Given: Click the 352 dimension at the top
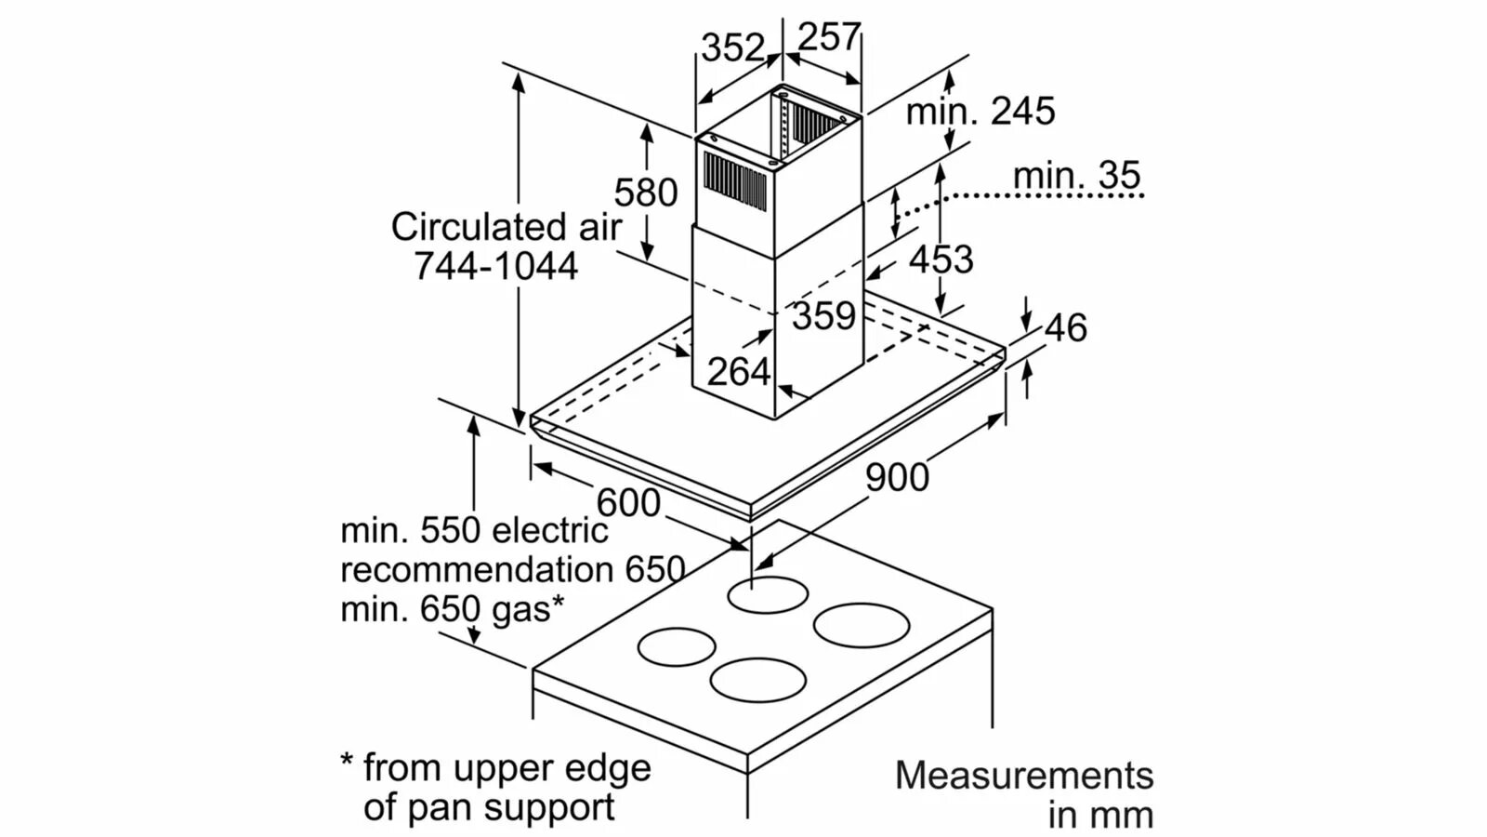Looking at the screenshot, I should (x=732, y=47).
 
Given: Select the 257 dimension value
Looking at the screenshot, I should (x=828, y=37).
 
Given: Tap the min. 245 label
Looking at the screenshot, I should (x=980, y=112).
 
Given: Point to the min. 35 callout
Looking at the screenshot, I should (x=1076, y=175).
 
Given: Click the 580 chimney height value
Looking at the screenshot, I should (x=645, y=193).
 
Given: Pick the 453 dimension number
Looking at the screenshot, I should (x=941, y=259).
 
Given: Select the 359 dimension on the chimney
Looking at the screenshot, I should (x=823, y=316).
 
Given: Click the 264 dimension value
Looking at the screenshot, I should (x=738, y=372).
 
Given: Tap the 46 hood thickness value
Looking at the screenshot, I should (x=1065, y=327).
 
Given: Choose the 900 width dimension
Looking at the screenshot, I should (x=897, y=477).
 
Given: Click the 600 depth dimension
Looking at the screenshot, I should (x=628, y=503).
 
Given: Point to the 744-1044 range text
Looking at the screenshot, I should (x=495, y=266).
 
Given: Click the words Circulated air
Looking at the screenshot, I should (x=506, y=227).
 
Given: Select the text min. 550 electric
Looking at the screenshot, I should (x=474, y=530).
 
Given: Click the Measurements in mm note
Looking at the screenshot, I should (x=1024, y=794).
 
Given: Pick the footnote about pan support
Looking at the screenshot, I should (x=494, y=788).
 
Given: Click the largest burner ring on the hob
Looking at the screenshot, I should (x=862, y=624).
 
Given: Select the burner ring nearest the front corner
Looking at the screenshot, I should (x=757, y=680).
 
